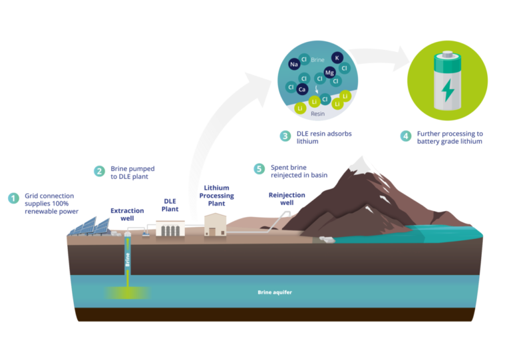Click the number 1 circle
tap(13, 198)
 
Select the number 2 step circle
tap(99, 171)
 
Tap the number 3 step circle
tap(285, 136)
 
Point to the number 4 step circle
tap(405, 136)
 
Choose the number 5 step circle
tap(259, 169)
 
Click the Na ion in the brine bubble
tap(293, 65)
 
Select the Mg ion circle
tap(329, 73)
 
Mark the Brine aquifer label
tap(275, 293)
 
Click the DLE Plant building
tap(170, 229)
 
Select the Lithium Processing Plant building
tap(216, 224)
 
